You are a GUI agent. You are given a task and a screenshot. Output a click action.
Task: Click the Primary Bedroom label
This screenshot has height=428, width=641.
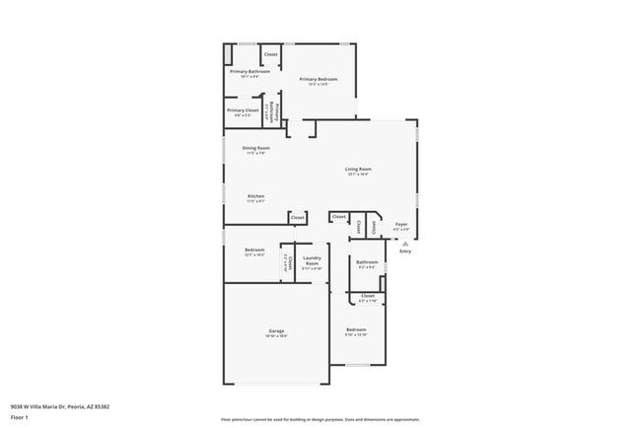pos(319,79)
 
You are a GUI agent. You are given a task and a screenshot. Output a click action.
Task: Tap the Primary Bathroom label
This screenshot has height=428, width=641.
pos(250,72)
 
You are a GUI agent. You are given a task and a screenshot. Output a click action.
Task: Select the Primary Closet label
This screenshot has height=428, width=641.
pos(243,110)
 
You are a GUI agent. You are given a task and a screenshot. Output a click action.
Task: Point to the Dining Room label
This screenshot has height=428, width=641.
pos(256,148)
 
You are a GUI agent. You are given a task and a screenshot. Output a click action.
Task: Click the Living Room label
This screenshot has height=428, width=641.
pos(357,170)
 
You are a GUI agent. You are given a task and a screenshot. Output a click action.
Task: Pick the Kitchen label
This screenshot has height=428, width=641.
pos(255,196)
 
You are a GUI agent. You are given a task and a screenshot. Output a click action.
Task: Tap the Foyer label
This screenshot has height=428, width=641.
pos(401,225)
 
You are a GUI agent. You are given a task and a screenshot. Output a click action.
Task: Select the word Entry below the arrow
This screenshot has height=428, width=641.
pos(405,250)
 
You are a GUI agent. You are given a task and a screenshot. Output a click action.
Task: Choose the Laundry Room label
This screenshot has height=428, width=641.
pos(312,260)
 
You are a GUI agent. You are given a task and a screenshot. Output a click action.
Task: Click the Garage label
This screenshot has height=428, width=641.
pos(276,330)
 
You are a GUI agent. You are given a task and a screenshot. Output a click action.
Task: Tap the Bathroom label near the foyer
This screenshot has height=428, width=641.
pos(367,262)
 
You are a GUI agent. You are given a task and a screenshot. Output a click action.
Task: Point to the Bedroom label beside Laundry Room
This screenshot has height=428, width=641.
pos(254,250)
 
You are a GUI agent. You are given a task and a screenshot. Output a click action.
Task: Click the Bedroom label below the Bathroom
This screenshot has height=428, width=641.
pos(356,329)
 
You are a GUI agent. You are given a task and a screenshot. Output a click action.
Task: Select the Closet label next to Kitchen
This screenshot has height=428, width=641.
pos(297,216)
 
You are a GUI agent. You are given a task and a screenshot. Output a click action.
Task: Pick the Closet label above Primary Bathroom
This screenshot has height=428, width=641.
pos(270,53)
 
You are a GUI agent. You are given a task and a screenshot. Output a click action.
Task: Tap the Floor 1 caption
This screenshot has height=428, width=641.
pos(19,417)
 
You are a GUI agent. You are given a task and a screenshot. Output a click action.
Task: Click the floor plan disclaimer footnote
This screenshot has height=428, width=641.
pos(320,419)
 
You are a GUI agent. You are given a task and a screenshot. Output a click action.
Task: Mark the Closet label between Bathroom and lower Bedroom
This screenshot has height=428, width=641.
pos(367,296)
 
